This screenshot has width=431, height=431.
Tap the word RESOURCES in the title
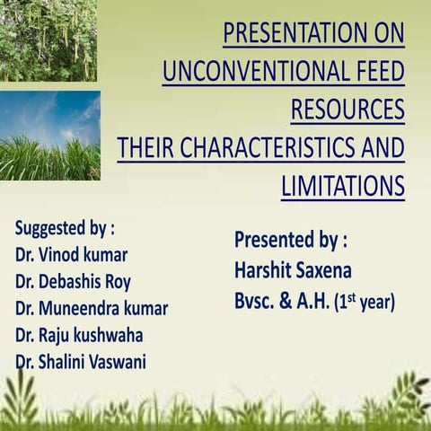click(347, 110)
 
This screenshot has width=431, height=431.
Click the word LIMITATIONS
click(342, 185)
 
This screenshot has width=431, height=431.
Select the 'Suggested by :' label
click(65, 225)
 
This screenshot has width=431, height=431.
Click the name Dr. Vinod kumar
click(71, 253)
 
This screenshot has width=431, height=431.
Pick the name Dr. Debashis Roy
click(73, 281)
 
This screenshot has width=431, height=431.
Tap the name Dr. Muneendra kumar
click(91, 308)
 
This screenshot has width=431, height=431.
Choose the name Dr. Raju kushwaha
click(79, 336)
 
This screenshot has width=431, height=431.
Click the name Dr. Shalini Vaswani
click(80, 363)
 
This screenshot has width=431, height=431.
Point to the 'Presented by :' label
click(290, 240)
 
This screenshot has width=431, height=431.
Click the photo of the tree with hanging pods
click(48, 40)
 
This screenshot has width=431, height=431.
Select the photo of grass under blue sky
click(49, 135)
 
